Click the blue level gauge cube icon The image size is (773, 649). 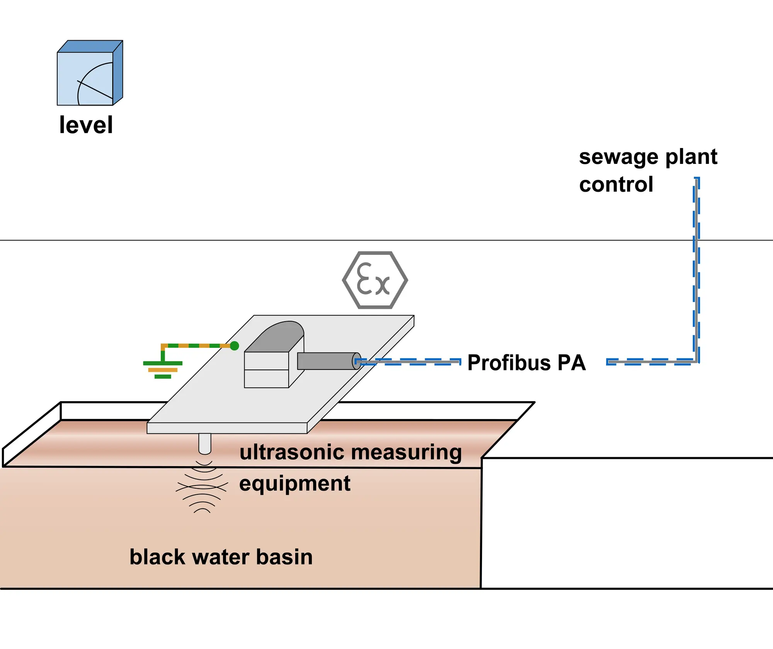coord(90,73)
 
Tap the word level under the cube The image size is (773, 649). coord(86,125)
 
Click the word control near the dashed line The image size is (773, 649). coord(616,184)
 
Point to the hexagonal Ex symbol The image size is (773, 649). coord(375,280)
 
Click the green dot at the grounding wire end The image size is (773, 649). coord(234,346)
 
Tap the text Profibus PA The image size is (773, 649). coord(526,363)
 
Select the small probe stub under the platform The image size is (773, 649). coord(205,443)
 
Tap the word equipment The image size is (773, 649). coord(295,484)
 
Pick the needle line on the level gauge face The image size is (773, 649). coord(95,89)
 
